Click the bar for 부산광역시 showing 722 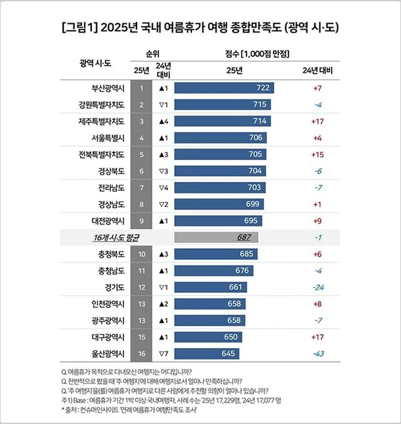[224, 88]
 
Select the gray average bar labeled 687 [216, 237]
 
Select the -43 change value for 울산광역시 [317, 354]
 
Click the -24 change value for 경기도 [317, 286]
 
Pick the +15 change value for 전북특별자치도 [317, 154]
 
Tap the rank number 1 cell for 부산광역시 [141, 88]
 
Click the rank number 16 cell [141, 354]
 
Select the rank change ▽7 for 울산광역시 [163, 354]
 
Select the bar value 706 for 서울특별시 [256, 138]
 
